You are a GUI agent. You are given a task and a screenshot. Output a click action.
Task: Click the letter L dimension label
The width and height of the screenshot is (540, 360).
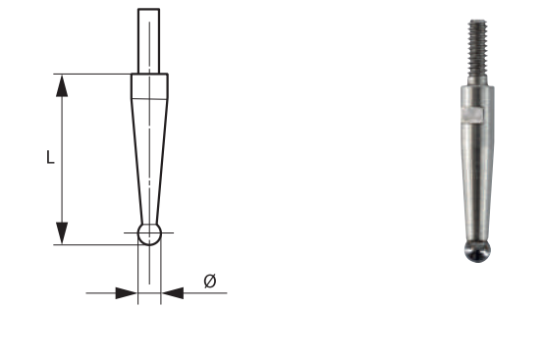(50, 157)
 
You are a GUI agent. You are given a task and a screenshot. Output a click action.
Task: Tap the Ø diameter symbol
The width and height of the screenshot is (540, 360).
(209, 282)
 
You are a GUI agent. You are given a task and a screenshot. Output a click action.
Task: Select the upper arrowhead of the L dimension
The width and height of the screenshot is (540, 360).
(62, 85)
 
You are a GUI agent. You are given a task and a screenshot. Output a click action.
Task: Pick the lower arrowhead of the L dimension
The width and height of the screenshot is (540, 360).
(62, 232)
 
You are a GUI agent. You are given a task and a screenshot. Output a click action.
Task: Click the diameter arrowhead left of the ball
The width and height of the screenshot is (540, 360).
(125, 292)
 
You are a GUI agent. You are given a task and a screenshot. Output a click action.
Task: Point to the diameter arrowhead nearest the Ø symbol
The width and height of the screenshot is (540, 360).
(173, 292)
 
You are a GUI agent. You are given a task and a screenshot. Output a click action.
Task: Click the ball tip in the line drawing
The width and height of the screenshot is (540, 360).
(149, 234)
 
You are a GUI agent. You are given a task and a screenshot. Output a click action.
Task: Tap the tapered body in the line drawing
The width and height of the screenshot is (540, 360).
(149, 147)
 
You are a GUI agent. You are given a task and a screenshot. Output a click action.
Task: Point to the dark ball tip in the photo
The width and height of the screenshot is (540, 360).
(475, 249)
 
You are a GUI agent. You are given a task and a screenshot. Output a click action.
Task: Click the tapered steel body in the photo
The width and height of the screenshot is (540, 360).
(475, 177)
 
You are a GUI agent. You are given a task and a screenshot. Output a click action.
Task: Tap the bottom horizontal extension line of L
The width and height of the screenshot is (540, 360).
(98, 244)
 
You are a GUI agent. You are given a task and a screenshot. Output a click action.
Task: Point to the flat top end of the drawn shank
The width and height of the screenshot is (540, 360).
(149, 10)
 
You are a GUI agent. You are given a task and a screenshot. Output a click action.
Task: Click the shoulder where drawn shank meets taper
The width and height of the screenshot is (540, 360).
(149, 74)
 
